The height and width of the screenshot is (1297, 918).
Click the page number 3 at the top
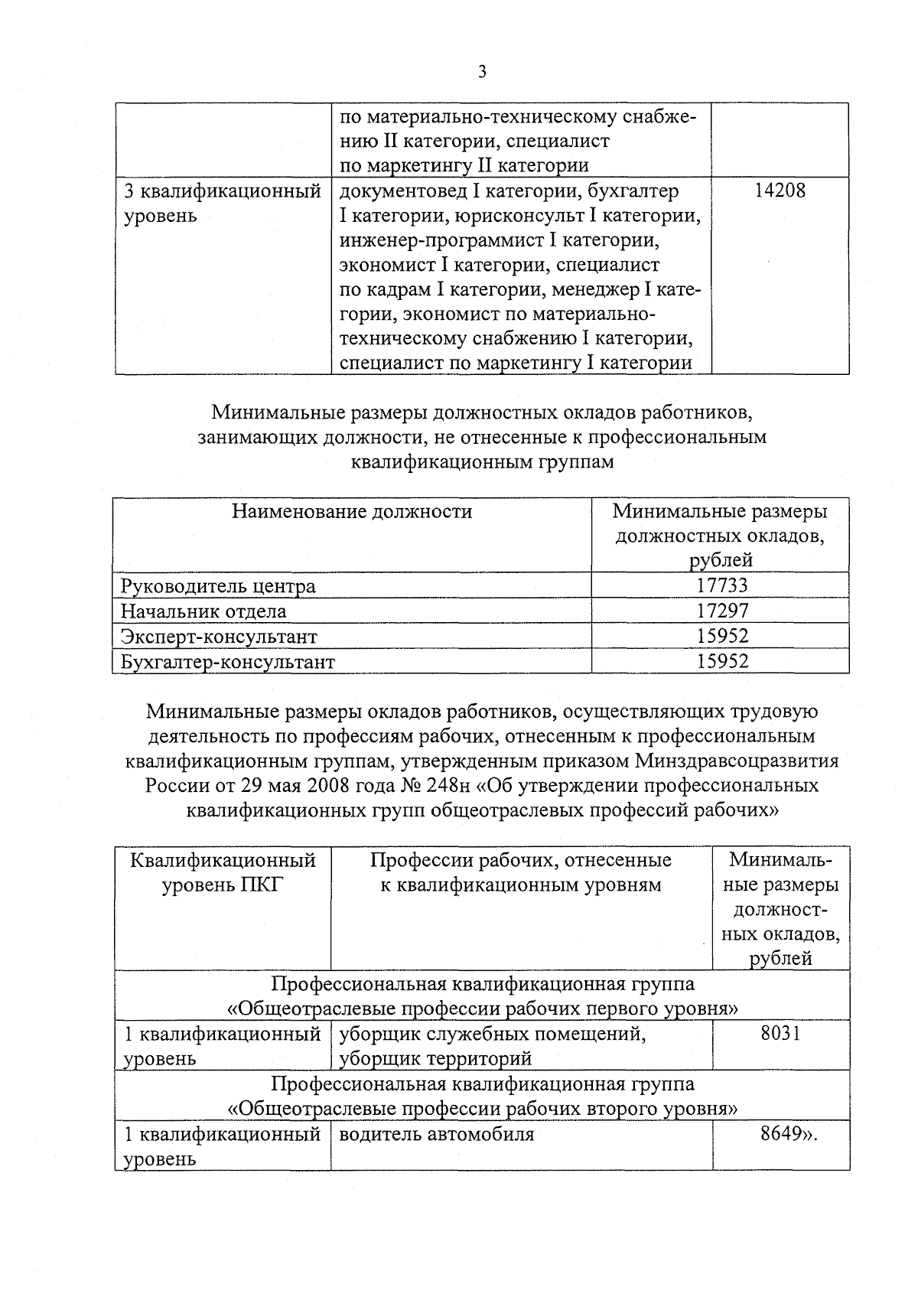(481, 72)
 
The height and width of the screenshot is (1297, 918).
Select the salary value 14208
(780, 191)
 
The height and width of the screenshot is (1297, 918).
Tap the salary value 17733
(721, 585)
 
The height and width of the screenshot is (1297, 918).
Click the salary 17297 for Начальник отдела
(721, 611)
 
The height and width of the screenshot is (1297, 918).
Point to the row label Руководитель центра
(218, 586)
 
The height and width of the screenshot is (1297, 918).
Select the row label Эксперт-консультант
(219, 637)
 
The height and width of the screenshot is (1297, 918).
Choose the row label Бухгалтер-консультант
(228, 662)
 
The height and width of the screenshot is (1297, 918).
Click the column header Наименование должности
(352, 511)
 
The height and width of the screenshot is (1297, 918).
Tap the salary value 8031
(780, 1034)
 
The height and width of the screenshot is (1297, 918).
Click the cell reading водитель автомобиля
(436, 1134)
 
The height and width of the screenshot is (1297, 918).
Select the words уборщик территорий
(435, 1059)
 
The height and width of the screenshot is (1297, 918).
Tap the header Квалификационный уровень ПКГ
(223, 873)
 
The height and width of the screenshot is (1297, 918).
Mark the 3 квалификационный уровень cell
(223, 203)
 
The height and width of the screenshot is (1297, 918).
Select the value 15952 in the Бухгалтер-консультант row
(721, 661)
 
